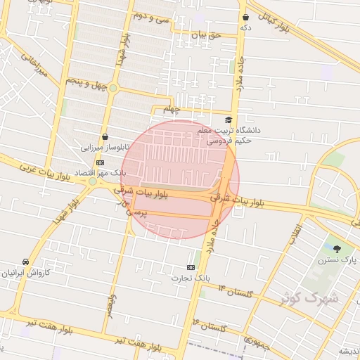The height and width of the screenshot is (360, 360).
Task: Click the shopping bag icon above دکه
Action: coord(245,17)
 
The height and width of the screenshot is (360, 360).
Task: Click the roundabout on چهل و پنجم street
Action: coord(112,88)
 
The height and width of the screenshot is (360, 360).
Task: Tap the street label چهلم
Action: coord(172,110)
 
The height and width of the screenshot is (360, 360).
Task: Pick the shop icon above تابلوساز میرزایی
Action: coord(105,136)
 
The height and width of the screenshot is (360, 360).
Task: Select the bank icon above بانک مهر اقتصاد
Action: coord(100,162)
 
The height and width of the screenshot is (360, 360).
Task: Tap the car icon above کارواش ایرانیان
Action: coord(26,262)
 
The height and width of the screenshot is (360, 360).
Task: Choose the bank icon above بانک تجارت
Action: coord(191,267)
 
